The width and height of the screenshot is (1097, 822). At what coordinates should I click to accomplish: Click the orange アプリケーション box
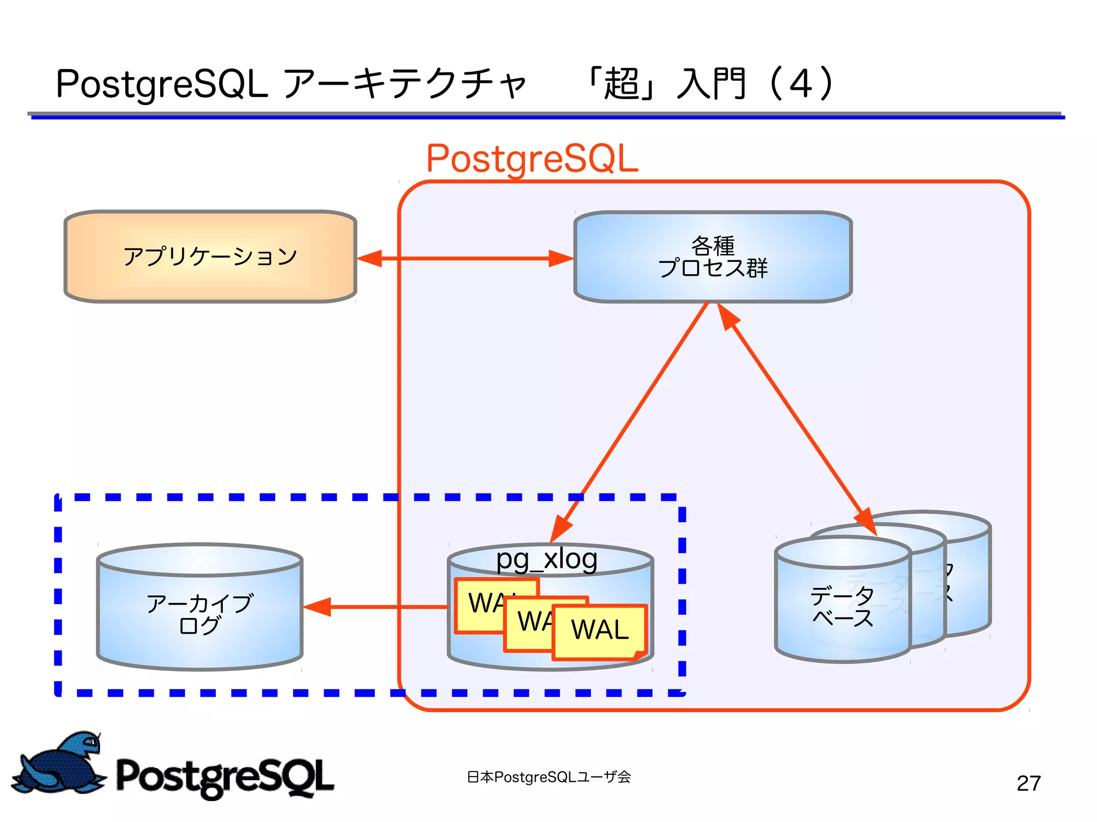(x=210, y=257)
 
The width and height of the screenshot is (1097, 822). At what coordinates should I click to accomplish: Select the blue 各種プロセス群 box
(x=712, y=257)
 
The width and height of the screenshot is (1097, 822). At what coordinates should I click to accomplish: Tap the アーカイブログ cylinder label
(x=199, y=614)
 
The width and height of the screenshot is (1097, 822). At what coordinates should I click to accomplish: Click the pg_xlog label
(x=546, y=559)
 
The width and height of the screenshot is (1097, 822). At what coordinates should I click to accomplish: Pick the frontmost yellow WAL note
(x=599, y=630)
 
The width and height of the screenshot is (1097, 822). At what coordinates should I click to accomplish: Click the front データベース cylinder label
(x=842, y=606)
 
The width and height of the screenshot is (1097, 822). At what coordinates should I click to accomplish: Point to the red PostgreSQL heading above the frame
(x=532, y=159)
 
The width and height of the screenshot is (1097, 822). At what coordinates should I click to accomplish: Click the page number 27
(x=1028, y=783)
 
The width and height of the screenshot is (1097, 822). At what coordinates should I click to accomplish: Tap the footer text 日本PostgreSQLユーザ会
(x=548, y=777)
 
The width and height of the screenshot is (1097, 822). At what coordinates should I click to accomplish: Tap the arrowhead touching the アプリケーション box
(x=370, y=258)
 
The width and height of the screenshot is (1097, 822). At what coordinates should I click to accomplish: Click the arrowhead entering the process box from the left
(x=561, y=258)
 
